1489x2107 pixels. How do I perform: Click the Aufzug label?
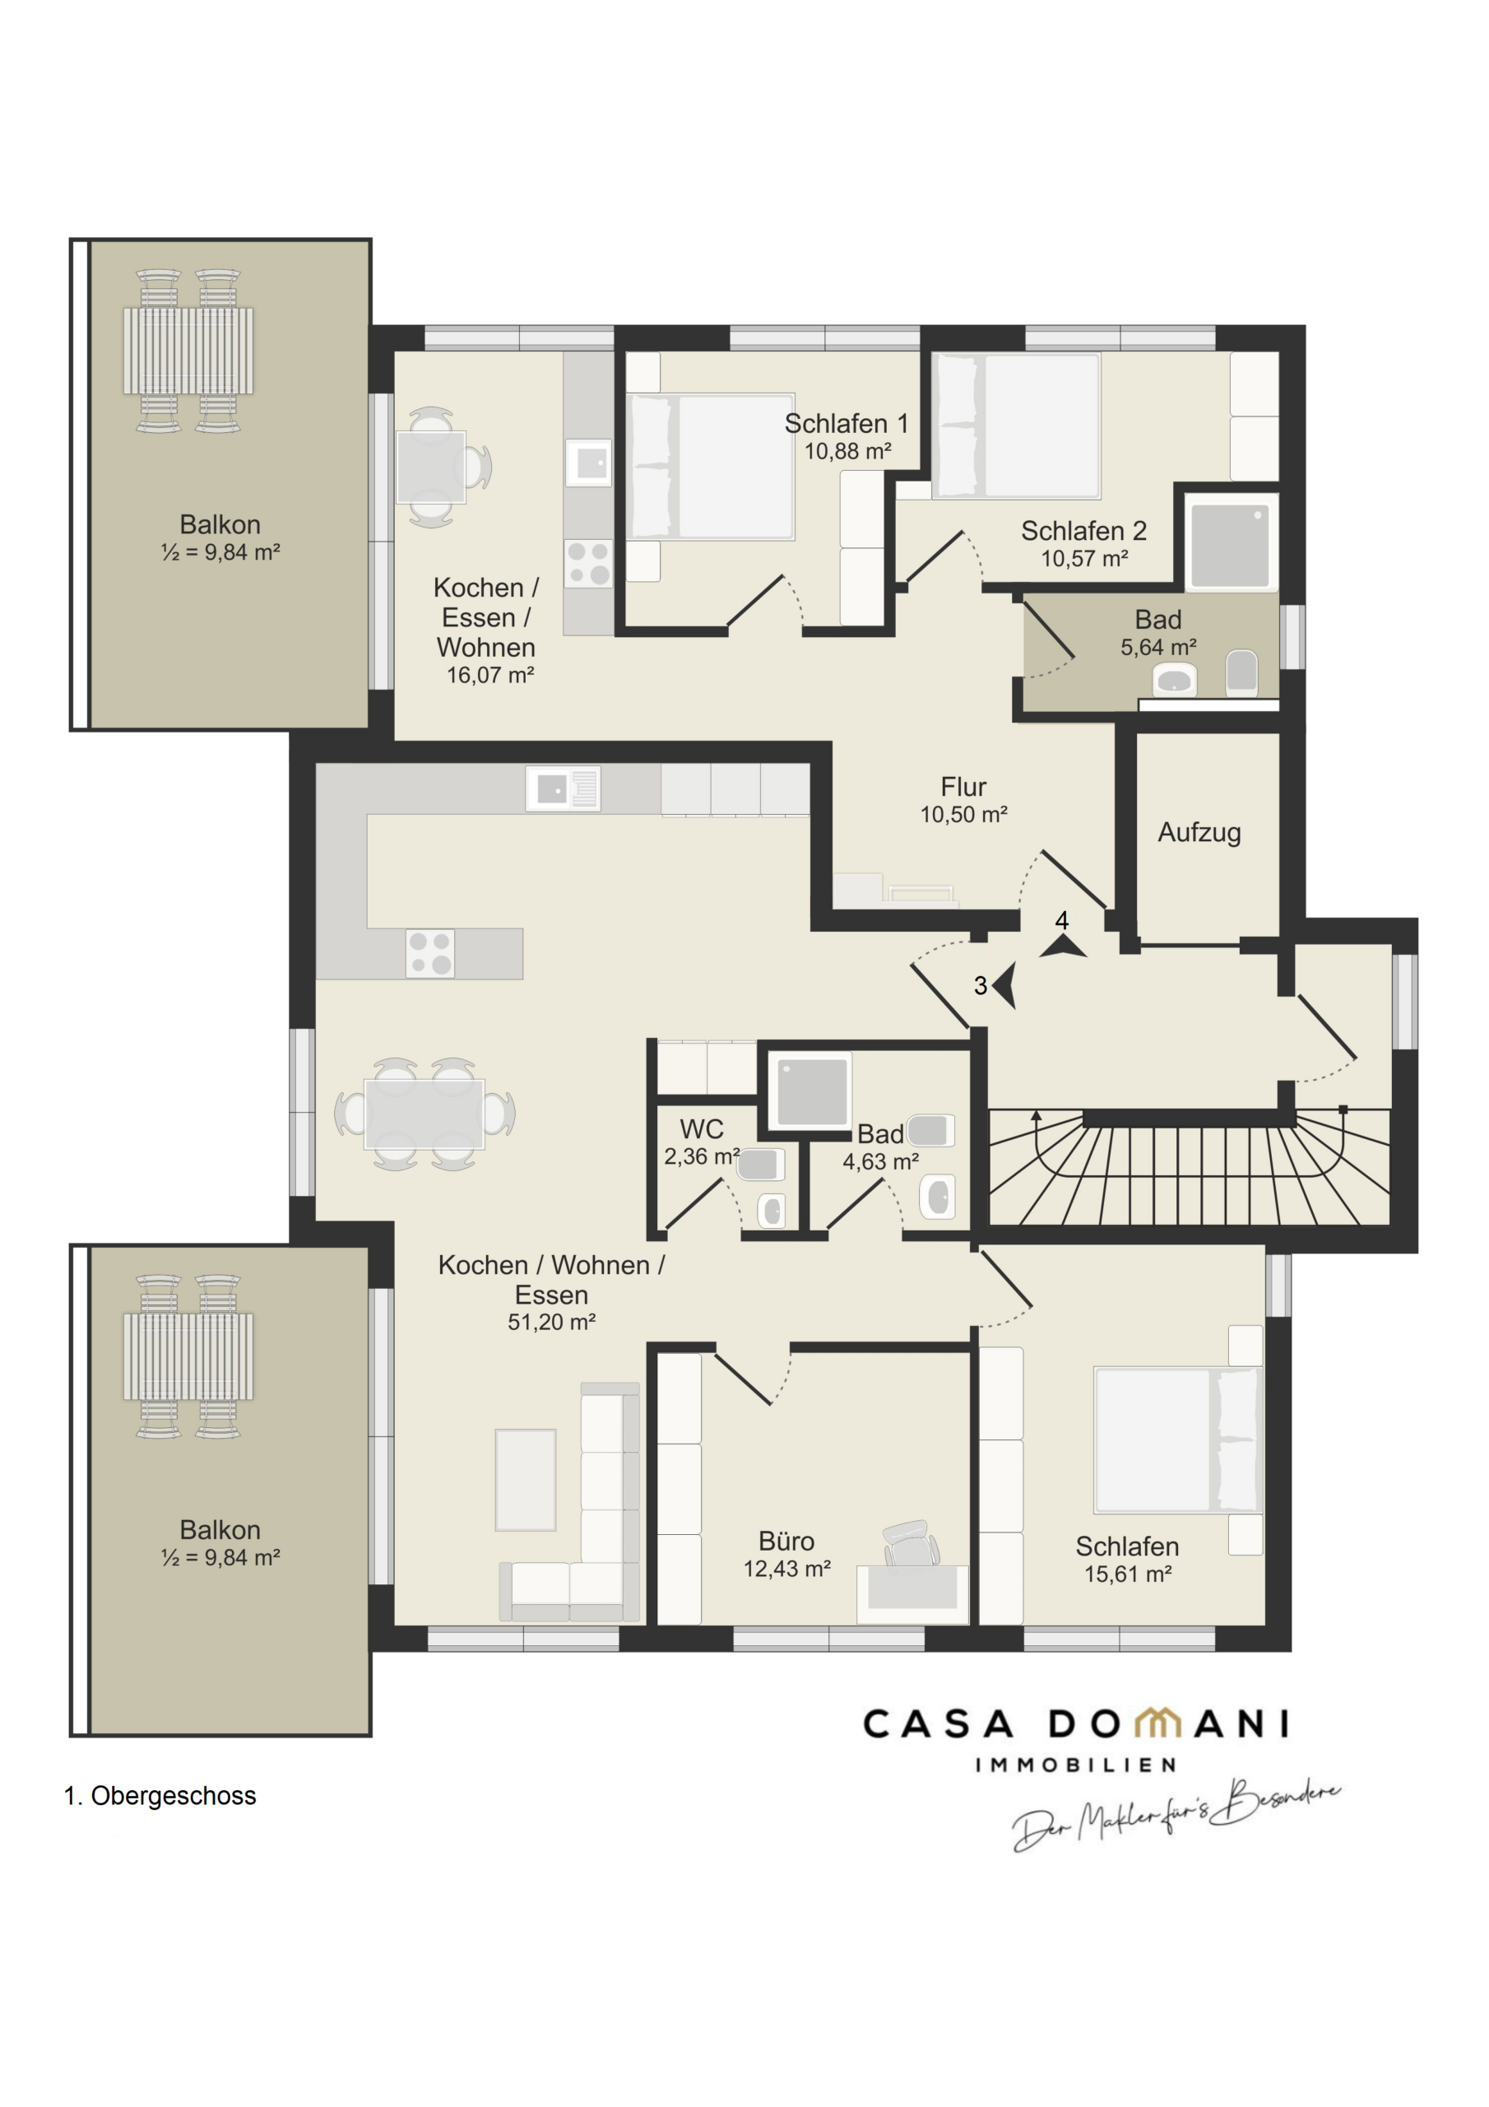pos(1199,833)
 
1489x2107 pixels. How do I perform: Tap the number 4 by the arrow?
pos(1061,920)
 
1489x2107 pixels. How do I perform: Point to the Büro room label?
pos(786,1541)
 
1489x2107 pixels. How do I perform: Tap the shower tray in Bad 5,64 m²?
pos(1231,542)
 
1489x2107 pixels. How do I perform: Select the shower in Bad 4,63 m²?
pos(811,1091)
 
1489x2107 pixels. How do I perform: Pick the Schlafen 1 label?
pos(846,424)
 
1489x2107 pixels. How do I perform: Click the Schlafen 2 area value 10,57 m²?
pos(1083,558)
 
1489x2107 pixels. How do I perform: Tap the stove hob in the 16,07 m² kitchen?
pos(588,564)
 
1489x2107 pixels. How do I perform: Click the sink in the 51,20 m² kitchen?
pos(563,788)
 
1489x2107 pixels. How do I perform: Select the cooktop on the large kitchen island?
pos(430,952)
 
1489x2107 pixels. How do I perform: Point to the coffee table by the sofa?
pos(526,1480)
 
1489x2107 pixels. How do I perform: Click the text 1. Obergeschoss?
pos(160,1796)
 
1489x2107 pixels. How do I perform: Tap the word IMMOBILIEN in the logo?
pos(1075,1765)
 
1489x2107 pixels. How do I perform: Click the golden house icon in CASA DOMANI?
pos(1157,1723)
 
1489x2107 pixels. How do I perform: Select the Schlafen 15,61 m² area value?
pos(1128,1574)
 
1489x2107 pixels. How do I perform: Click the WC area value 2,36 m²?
pos(702,1156)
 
